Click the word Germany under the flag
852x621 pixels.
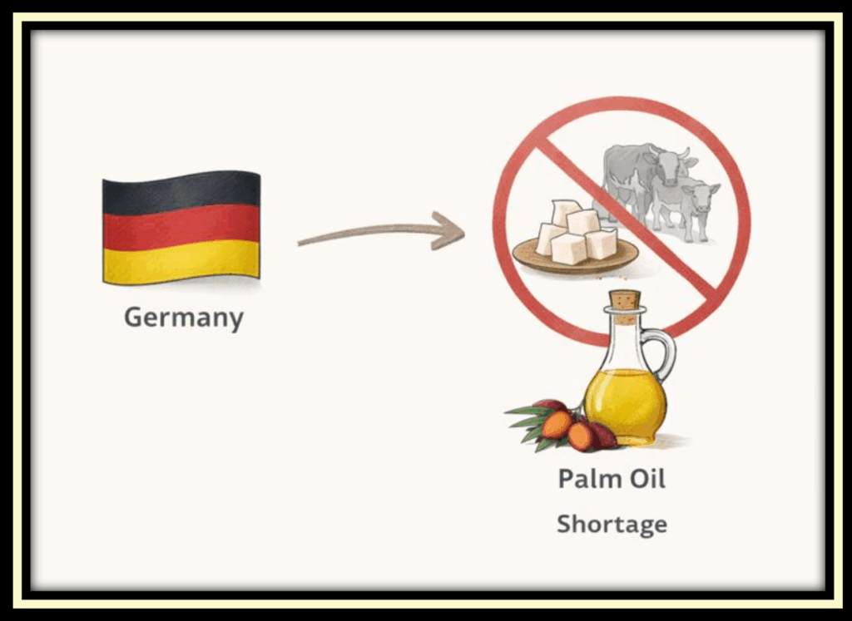[183, 318]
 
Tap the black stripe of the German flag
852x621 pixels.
[181, 191]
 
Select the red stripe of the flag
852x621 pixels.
[181, 225]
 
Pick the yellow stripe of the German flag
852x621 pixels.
[181, 259]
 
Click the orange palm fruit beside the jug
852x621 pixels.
[556, 425]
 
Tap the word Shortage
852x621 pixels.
[612, 525]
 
